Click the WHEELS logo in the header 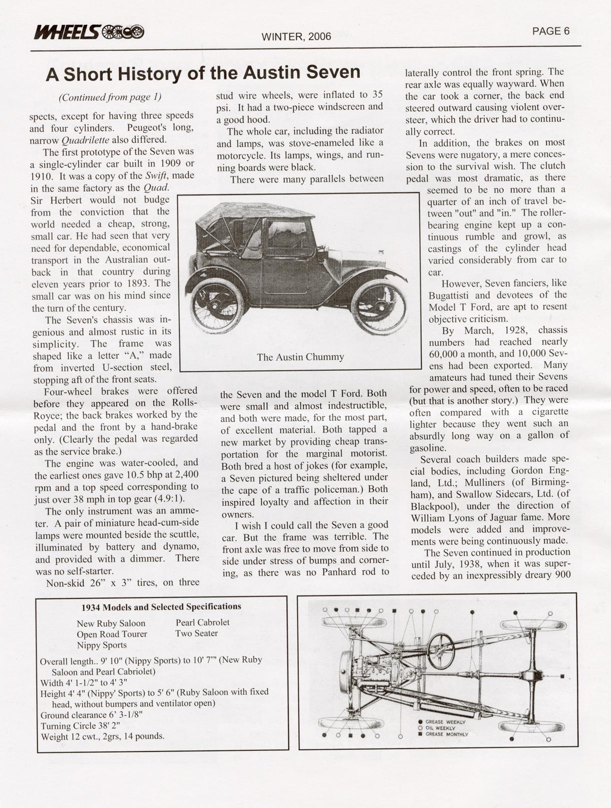tap(88, 32)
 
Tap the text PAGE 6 tap(550, 31)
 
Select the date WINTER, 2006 tap(296, 37)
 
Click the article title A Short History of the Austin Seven tap(203, 73)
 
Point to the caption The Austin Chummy tap(300, 357)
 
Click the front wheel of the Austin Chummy tap(378, 305)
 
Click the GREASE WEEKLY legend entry tap(445, 722)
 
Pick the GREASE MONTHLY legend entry tap(446, 734)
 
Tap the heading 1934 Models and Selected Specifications tap(161, 607)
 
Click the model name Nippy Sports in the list tap(102, 645)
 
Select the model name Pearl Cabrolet tap(202, 622)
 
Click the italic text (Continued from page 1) tap(110, 97)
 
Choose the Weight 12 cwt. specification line tap(102, 736)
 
